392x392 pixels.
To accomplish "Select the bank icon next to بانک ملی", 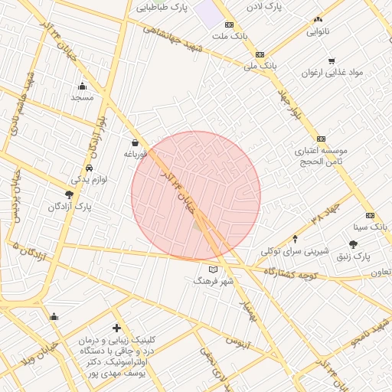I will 260,54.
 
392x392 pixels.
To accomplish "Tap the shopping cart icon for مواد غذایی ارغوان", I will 332,61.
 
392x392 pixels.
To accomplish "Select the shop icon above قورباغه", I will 136,142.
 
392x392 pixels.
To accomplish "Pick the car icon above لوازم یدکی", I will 90,167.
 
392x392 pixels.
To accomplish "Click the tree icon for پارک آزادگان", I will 70,195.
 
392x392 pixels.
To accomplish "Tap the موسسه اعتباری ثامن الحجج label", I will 322,156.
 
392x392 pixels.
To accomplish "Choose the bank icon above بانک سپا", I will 371,215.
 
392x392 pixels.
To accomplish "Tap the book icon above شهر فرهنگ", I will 213,269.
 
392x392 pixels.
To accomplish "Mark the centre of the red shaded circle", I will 196,195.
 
